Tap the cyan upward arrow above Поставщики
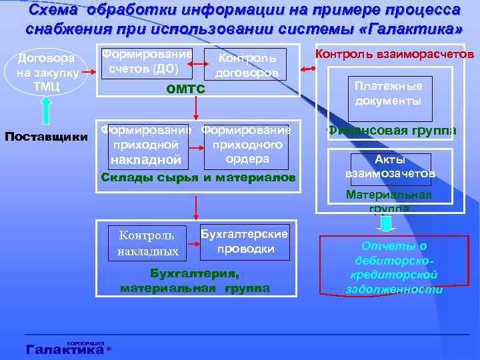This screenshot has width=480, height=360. coord(47,111)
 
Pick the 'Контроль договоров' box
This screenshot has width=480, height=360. coord(245,65)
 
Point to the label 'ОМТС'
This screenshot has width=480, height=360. coord(185,89)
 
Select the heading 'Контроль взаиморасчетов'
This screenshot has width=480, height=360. coord(394,53)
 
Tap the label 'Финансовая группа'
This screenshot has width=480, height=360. coord(392,131)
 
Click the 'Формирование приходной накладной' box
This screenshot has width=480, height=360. coord(145,145)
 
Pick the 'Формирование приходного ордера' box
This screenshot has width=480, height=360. coord(247,144)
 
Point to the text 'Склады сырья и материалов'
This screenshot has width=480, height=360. coord(197,177)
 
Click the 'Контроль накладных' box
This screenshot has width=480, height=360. coord(147,243)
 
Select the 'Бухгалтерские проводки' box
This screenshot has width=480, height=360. coord(245,241)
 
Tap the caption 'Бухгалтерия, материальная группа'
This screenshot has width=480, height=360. coord(195,281)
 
